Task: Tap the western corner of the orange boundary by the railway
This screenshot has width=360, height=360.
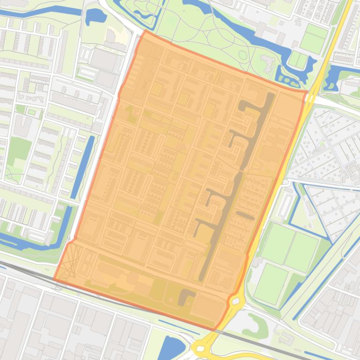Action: click(x=54, y=279)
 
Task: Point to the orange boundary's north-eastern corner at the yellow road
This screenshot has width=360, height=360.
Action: click(x=307, y=92)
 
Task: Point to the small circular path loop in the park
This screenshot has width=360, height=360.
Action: click(x=242, y=55)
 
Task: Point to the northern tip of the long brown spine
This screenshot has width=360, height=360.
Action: click(x=271, y=95)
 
